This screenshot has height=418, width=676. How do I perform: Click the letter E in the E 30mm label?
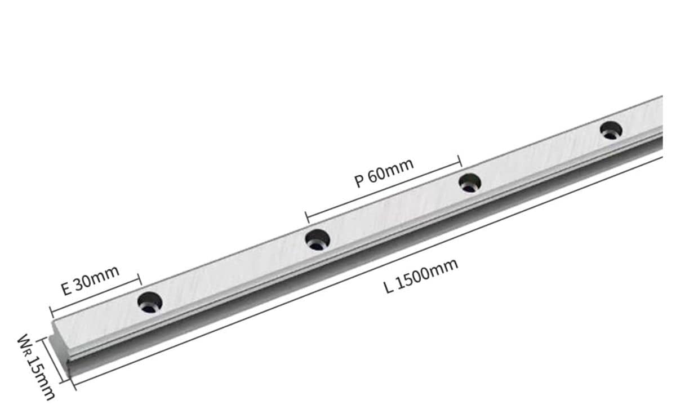pyautogui.click(x=66, y=290)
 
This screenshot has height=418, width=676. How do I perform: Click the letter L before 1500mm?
pyautogui.click(x=388, y=287)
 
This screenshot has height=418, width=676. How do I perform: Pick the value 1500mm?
pyautogui.click(x=426, y=273)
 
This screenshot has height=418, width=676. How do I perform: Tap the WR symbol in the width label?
pyautogui.click(x=25, y=344)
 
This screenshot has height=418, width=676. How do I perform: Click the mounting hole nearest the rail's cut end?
pyautogui.click(x=150, y=302)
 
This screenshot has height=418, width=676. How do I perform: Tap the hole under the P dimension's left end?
pyautogui.click(x=317, y=239)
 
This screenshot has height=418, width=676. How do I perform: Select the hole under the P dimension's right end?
pyautogui.click(x=469, y=183)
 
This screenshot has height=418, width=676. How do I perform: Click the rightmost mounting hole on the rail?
pyautogui.click(x=610, y=130)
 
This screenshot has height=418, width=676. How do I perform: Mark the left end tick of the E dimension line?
pyautogui.click(x=51, y=312)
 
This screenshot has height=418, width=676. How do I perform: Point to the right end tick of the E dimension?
pyautogui.click(x=139, y=279)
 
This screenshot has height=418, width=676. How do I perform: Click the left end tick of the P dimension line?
pyautogui.click(x=306, y=217)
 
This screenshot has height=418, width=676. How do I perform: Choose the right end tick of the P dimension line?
pyautogui.click(x=460, y=161)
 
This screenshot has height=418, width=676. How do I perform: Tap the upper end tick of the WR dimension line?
pyautogui.click(x=43, y=340)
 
